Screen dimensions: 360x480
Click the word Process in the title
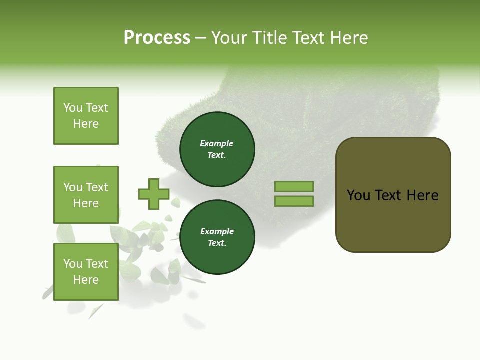pos(157,38)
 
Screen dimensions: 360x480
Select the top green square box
pos(86,116)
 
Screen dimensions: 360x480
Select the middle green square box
pos(86,195)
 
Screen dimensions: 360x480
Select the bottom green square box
pos(86,272)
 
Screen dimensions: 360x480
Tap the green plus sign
pos(154,194)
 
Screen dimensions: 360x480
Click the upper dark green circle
pos(217,149)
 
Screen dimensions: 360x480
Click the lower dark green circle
pos(217,237)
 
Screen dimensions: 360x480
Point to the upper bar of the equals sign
pos(294,186)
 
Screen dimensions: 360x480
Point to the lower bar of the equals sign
pos(294,201)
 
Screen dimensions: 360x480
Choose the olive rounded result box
pos(393,220)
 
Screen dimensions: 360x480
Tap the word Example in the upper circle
pos(217,143)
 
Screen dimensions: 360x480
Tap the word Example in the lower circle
pos(217,231)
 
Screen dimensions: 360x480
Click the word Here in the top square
pos(86,124)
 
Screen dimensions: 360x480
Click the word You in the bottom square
pos(73,264)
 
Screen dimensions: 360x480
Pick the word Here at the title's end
pos(349,38)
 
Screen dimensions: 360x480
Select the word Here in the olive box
pos(422,195)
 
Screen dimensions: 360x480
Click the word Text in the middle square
pos(97,187)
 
